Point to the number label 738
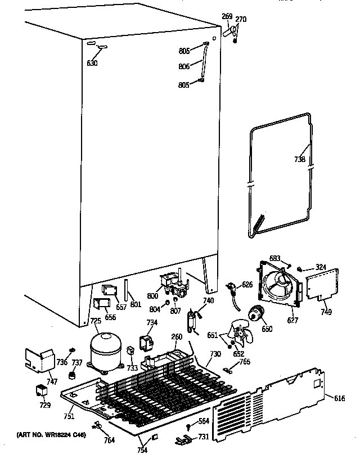300,159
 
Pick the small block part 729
41,390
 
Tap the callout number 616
339,398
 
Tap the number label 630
92,63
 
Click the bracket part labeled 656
103,305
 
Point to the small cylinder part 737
71,375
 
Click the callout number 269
227,17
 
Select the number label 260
177,338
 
